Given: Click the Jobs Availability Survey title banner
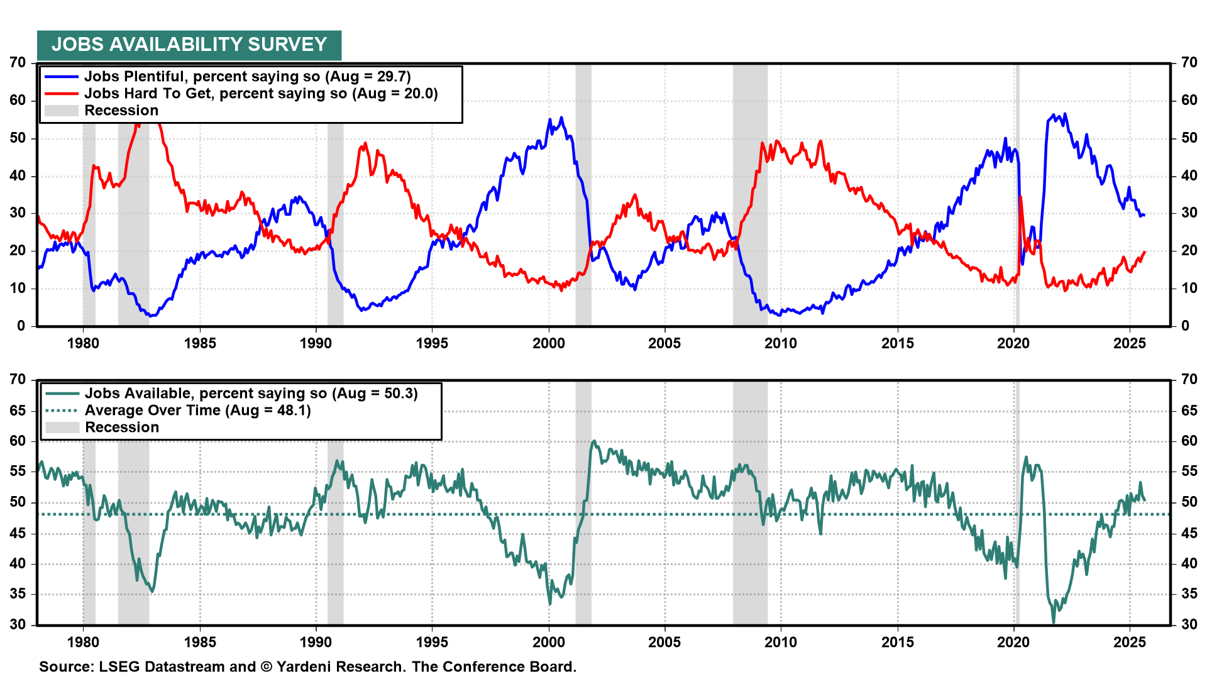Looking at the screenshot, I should point(189,45).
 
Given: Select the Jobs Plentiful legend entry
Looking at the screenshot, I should point(247,77).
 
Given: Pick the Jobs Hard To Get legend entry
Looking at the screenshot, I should point(261,94).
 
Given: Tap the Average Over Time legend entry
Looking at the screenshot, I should point(197,411).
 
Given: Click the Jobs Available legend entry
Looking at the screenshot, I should point(251,394).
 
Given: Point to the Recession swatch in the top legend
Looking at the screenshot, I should point(62,111).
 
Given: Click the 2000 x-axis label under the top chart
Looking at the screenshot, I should point(549,343).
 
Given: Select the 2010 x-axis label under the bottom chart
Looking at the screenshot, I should point(781,643).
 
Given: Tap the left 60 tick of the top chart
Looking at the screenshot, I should point(18,101).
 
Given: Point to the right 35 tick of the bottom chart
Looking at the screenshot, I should point(1189,594).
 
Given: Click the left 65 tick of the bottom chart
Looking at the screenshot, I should point(18,411).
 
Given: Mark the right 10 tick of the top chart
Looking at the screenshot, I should point(1189,289).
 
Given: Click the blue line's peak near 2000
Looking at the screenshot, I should point(561,118).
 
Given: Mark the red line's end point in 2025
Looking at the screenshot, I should point(1144,251).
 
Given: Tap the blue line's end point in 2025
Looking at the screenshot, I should point(1144,215).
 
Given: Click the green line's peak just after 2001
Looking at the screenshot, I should point(593,441).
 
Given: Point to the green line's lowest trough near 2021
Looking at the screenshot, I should point(1054,622).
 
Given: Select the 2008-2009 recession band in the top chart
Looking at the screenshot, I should point(750,195).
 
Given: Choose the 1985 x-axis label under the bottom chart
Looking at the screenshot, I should point(200,643).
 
